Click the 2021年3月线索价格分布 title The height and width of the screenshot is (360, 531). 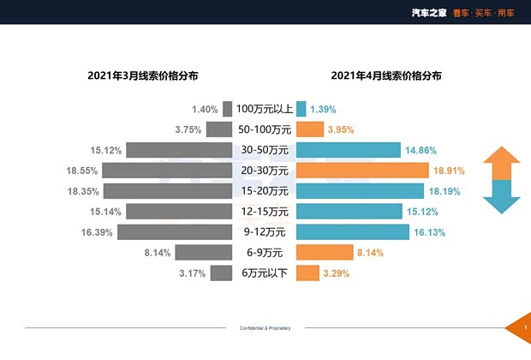click(143, 75)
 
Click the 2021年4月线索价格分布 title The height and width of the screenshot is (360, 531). click(386, 75)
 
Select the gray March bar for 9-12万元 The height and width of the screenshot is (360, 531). click(175, 232)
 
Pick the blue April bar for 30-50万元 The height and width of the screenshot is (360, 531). click(349, 150)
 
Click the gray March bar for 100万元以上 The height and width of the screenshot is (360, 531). click(227, 109)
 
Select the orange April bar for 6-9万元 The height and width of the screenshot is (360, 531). click(325, 253)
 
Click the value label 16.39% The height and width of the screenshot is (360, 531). click(94, 232)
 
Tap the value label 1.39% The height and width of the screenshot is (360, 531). click(323, 109)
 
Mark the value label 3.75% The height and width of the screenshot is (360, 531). click(188, 129)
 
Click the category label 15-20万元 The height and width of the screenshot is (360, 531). click(265, 191)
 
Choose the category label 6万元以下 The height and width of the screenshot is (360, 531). click(265, 273)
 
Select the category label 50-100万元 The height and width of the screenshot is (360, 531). click(265, 129)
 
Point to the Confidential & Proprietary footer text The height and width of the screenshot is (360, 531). click(265, 328)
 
